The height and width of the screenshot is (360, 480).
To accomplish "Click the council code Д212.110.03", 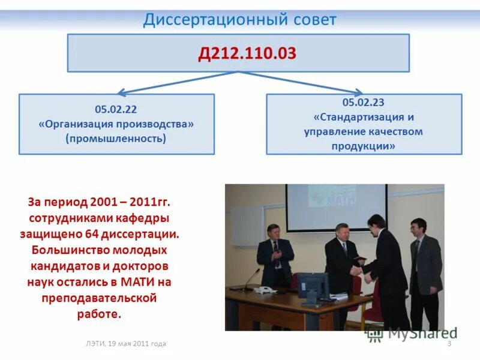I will (247, 53).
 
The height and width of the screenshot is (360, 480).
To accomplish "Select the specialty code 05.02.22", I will (116, 109).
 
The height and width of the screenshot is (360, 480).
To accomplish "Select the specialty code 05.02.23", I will (364, 103).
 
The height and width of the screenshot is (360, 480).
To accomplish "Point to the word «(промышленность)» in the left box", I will (116, 139).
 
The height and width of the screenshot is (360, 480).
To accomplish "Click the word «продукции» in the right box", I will (364, 146).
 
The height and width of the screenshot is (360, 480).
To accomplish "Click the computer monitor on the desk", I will (313, 286).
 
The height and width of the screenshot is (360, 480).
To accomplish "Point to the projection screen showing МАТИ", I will (336, 207).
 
